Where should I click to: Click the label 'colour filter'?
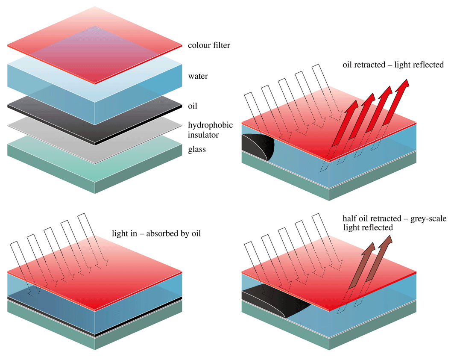coord(209,45)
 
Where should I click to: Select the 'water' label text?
coord(198,77)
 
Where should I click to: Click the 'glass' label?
coord(197,150)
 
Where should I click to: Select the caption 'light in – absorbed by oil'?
coord(156,234)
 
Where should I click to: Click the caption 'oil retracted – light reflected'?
coord(393,65)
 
